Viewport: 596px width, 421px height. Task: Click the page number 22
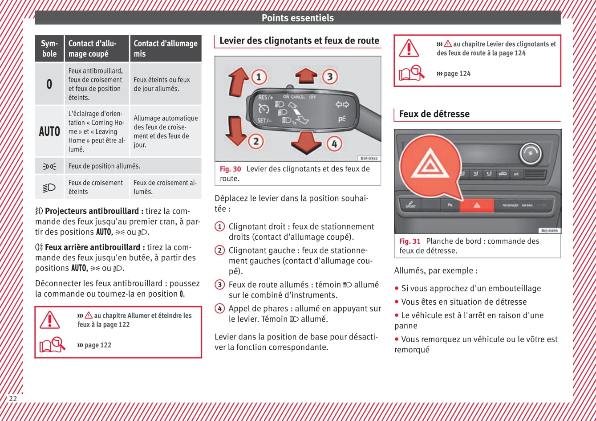(x=13, y=398)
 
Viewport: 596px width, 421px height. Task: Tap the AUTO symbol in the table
(x=49, y=131)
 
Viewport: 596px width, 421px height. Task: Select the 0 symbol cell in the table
(x=49, y=84)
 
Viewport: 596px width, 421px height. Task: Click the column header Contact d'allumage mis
(x=165, y=48)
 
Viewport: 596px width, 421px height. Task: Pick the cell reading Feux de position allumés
(x=104, y=166)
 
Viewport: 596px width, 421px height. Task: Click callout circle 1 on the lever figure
(x=259, y=77)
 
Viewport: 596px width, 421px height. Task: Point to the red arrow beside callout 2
(x=236, y=130)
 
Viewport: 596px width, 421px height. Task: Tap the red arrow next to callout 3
(x=306, y=76)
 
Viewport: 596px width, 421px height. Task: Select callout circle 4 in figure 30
(x=334, y=143)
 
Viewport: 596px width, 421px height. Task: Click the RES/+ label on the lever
(x=266, y=97)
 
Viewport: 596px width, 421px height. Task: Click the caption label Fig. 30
(x=230, y=169)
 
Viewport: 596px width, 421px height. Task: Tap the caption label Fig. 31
(x=409, y=241)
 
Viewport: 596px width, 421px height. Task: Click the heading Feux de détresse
(x=434, y=114)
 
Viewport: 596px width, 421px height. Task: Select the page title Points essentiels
(x=297, y=18)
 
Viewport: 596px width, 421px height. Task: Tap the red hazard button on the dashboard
(x=476, y=205)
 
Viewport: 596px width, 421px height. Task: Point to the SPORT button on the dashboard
(x=410, y=205)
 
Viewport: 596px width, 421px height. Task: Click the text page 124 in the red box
(x=457, y=74)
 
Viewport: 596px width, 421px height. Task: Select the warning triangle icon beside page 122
(x=49, y=320)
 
